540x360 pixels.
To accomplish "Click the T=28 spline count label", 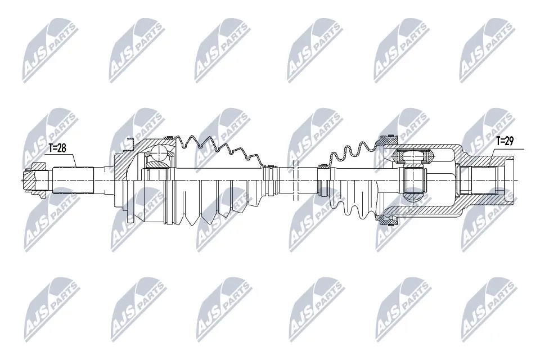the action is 57,148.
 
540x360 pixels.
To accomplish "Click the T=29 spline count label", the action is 505,141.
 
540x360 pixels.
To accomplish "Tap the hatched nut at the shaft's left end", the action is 34,180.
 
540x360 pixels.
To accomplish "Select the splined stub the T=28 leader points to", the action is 73,181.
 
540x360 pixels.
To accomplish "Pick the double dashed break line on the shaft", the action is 294,180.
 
